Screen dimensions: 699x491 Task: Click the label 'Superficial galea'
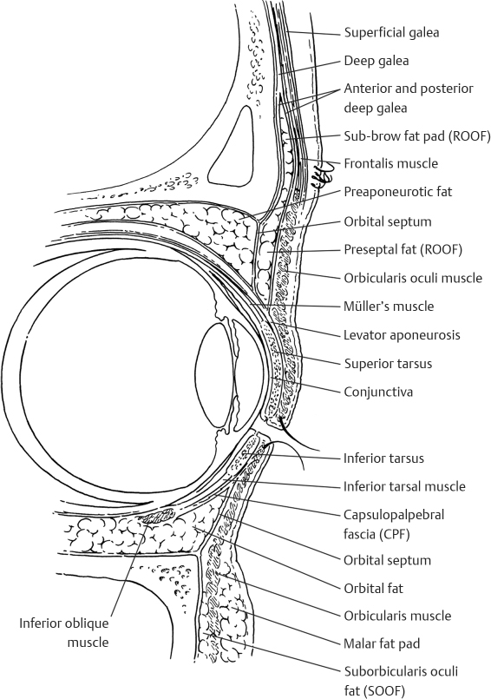click(x=391, y=33)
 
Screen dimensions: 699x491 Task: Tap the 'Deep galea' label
click(x=376, y=61)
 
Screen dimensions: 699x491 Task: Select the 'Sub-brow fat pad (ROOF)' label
click(x=417, y=135)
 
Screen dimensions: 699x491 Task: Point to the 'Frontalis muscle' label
click(x=390, y=163)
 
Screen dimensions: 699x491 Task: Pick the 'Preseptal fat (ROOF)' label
click(x=402, y=250)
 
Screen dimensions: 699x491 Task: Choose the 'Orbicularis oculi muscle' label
click(x=413, y=278)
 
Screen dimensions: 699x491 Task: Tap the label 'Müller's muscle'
click(x=389, y=307)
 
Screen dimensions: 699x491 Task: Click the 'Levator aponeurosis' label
click(x=402, y=334)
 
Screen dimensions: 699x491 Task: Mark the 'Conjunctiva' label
click(x=378, y=392)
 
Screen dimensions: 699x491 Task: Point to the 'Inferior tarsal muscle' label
click(x=404, y=486)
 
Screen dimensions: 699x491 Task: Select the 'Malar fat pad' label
click(x=382, y=644)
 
